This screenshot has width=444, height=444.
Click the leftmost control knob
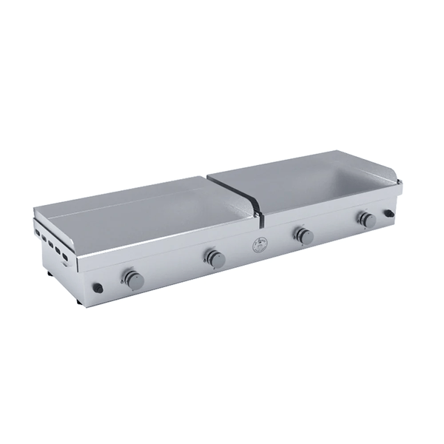coord(133,280)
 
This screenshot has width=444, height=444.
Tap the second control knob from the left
coord(215,258)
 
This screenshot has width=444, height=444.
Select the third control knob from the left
coord(303,236)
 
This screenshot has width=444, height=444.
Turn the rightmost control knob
coord(366,219)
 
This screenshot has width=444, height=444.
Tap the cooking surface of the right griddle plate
coord(311,185)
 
